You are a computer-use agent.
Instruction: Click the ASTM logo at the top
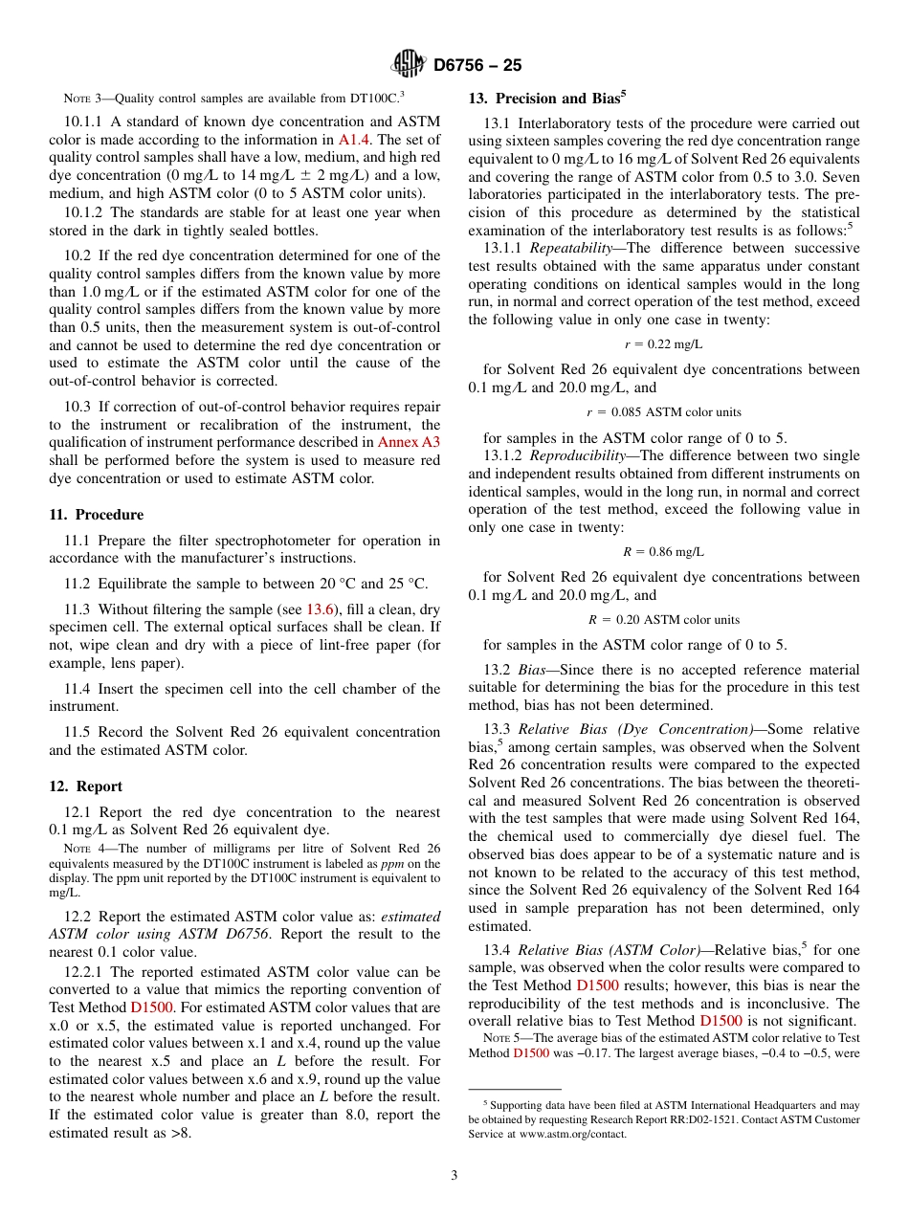click(410, 65)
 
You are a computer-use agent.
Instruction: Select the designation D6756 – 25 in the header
click(477, 66)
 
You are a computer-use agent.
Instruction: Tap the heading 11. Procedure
click(96, 515)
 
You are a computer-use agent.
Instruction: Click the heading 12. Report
click(85, 786)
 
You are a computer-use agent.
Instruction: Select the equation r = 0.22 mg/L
click(663, 343)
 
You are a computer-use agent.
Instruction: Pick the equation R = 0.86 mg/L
click(663, 551)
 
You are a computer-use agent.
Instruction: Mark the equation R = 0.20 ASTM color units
click(663, 620)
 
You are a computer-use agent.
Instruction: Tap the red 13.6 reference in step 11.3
click(318, 608)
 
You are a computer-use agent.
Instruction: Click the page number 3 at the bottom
click(454, 1175)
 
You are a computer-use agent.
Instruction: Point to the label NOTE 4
click(81, 849)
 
